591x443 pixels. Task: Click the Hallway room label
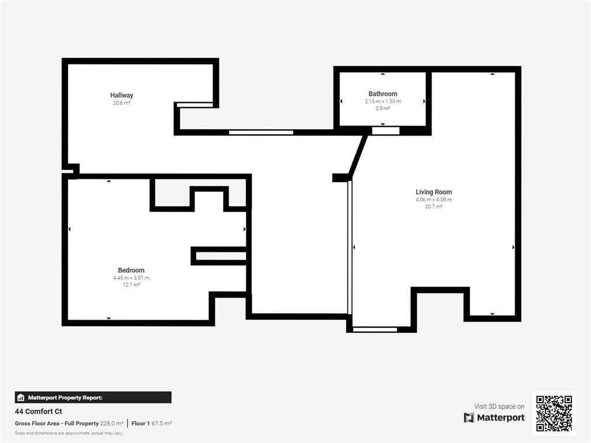121,95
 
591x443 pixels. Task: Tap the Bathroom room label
383,94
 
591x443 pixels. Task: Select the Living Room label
433,192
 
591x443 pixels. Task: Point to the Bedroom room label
131,270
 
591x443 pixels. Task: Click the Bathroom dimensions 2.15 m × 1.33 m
383,102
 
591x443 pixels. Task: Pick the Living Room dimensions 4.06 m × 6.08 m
433,200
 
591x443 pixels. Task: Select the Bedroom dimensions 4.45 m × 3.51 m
131,278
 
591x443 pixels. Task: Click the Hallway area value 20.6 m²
121,103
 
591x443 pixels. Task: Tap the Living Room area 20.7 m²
433,207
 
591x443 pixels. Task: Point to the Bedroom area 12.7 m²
131,285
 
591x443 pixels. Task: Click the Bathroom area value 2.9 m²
383,108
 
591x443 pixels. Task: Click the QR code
554,413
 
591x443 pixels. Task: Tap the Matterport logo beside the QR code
494,418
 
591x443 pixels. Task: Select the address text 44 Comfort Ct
39,411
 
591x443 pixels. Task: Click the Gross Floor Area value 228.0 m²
111,423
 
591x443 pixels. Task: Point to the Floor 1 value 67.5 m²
162,423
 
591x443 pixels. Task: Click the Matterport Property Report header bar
93,397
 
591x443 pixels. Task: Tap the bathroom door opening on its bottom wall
386,131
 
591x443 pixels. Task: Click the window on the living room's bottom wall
375,329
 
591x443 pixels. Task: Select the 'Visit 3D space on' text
499,407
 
